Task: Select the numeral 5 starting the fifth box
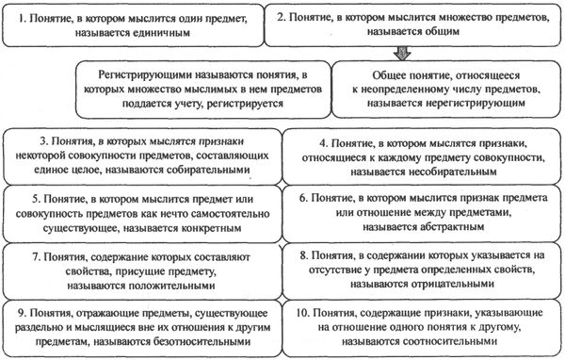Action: coord(23,198)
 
